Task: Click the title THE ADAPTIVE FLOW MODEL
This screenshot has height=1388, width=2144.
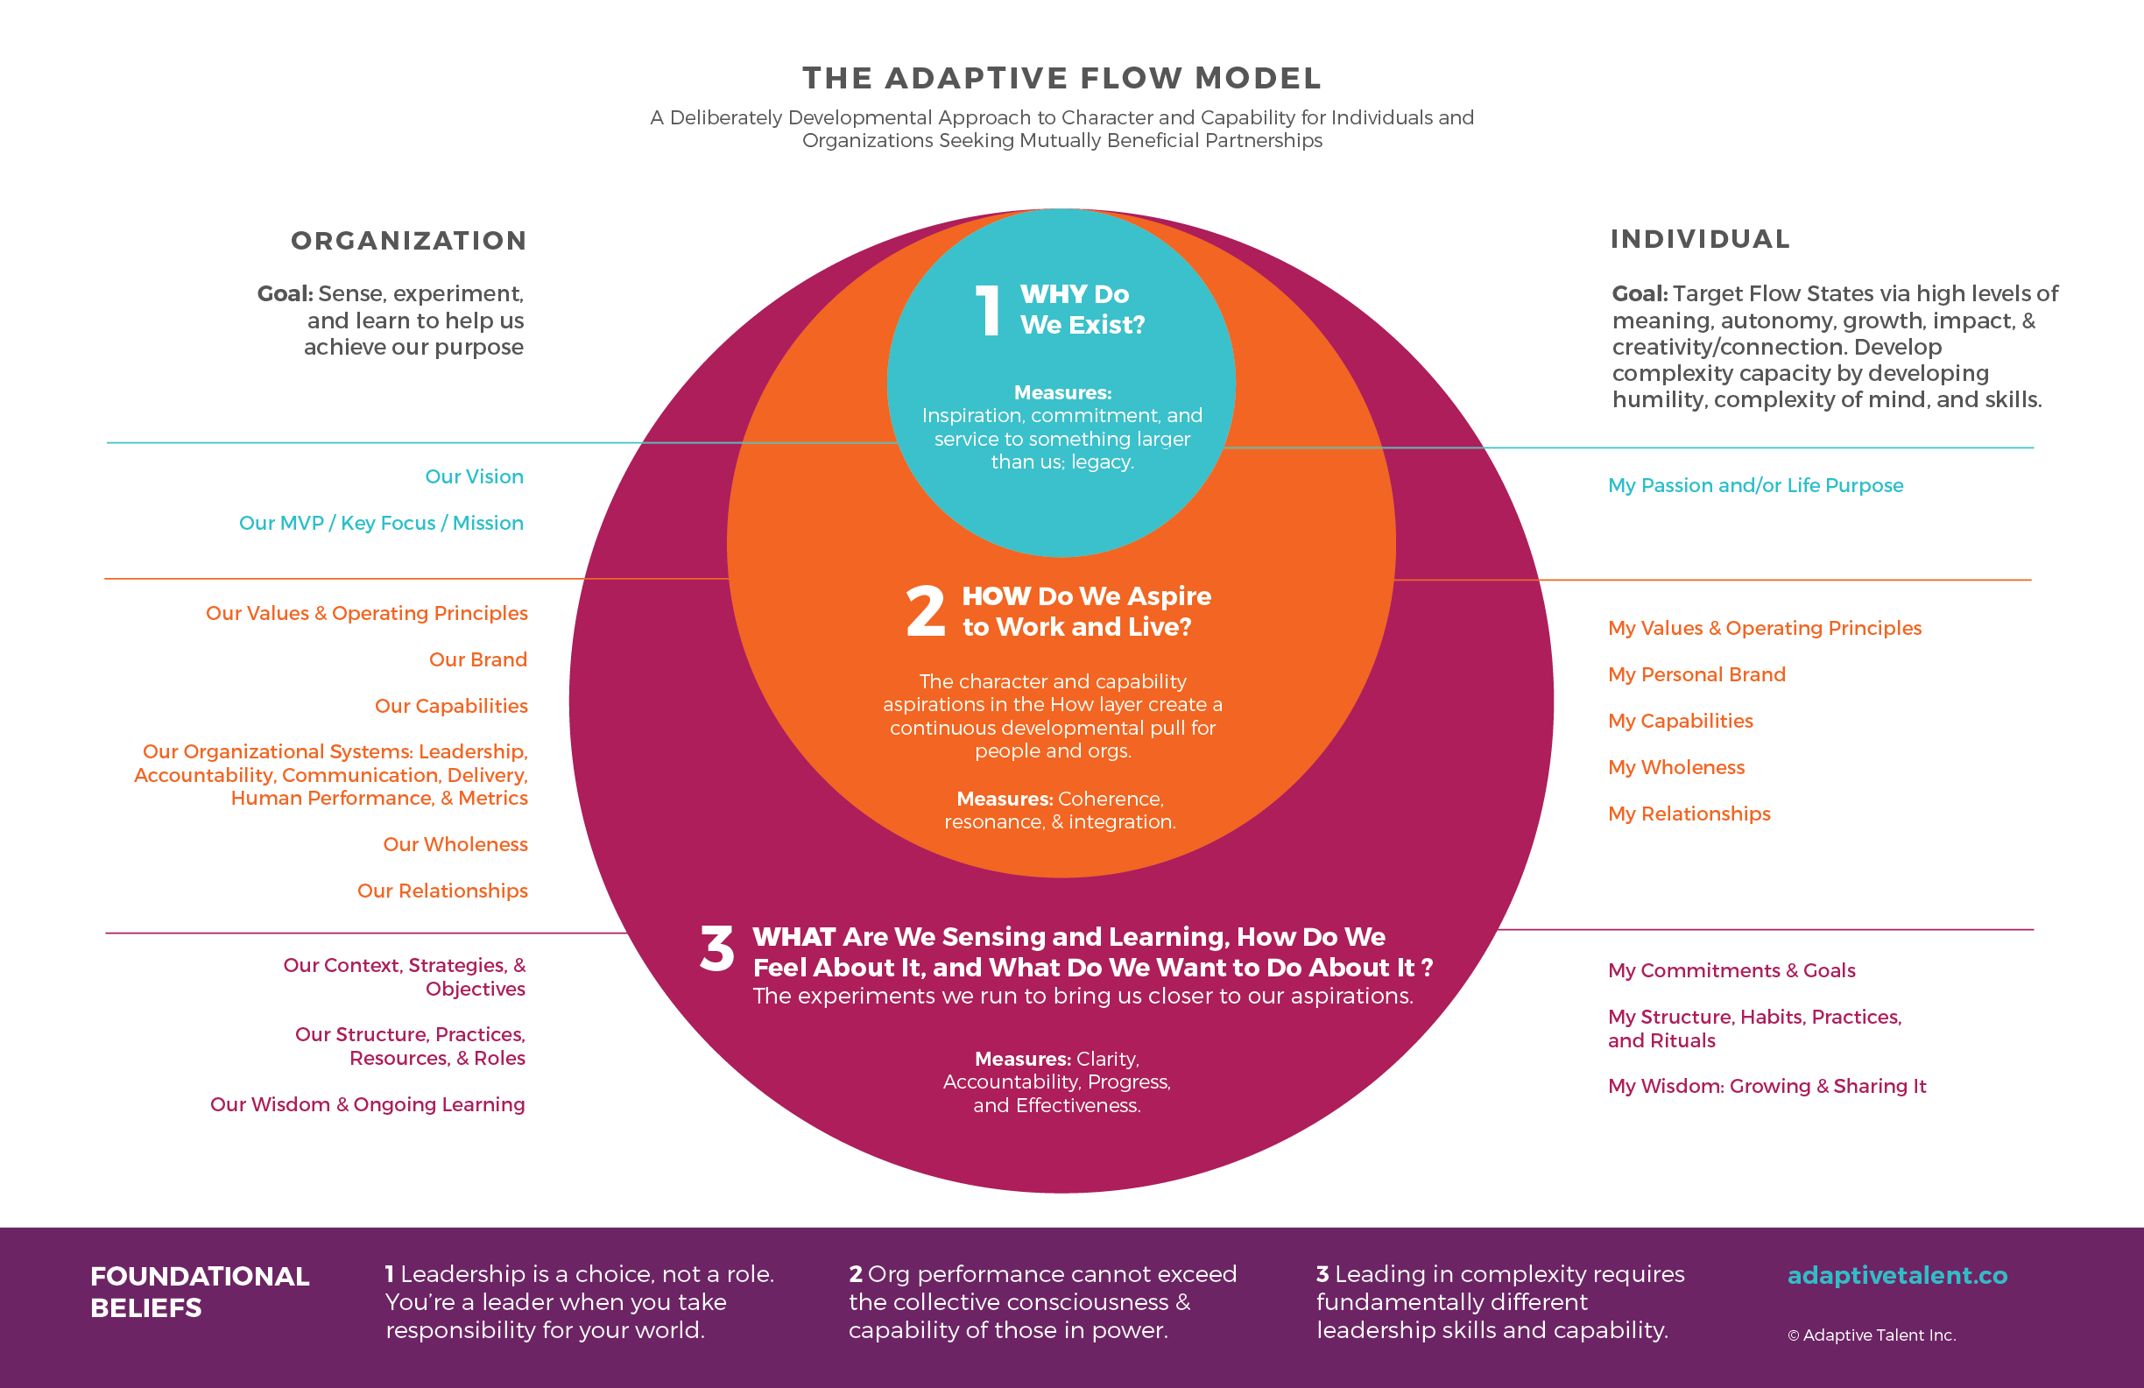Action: point(1061,78)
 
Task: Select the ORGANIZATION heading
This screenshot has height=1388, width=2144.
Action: point(408,241)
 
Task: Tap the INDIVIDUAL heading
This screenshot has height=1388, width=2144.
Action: point(1699,239)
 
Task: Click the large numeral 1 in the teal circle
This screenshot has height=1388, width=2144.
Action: point(988,311)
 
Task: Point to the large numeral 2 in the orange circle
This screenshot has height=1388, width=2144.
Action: point(925,611)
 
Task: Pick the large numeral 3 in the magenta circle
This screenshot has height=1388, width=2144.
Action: point(717,949)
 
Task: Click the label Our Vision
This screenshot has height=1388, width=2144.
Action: point(474,476)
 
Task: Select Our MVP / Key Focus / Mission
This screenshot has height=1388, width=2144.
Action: point(380,524)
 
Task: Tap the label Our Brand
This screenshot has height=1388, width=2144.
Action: point(477,659)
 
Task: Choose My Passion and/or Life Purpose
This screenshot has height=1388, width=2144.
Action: point(1755,485)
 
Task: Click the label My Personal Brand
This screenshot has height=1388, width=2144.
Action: point(1696,674)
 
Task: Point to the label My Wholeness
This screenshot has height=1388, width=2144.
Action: point(1675,767)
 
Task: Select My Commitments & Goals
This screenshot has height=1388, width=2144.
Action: point(1731,970)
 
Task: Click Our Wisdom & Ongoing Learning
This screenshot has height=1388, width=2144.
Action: point(367,1104)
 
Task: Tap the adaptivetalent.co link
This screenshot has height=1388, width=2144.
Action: point(1896,1275)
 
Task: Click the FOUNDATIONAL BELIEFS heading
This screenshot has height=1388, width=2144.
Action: point(199,1292)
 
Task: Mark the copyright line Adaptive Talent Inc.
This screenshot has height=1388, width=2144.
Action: point(1871,1335)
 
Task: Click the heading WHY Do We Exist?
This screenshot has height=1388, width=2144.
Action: point(1081,309)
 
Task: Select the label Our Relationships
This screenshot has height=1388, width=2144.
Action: point(442,891)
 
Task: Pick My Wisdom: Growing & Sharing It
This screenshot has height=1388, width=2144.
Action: point(1766,1086)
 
